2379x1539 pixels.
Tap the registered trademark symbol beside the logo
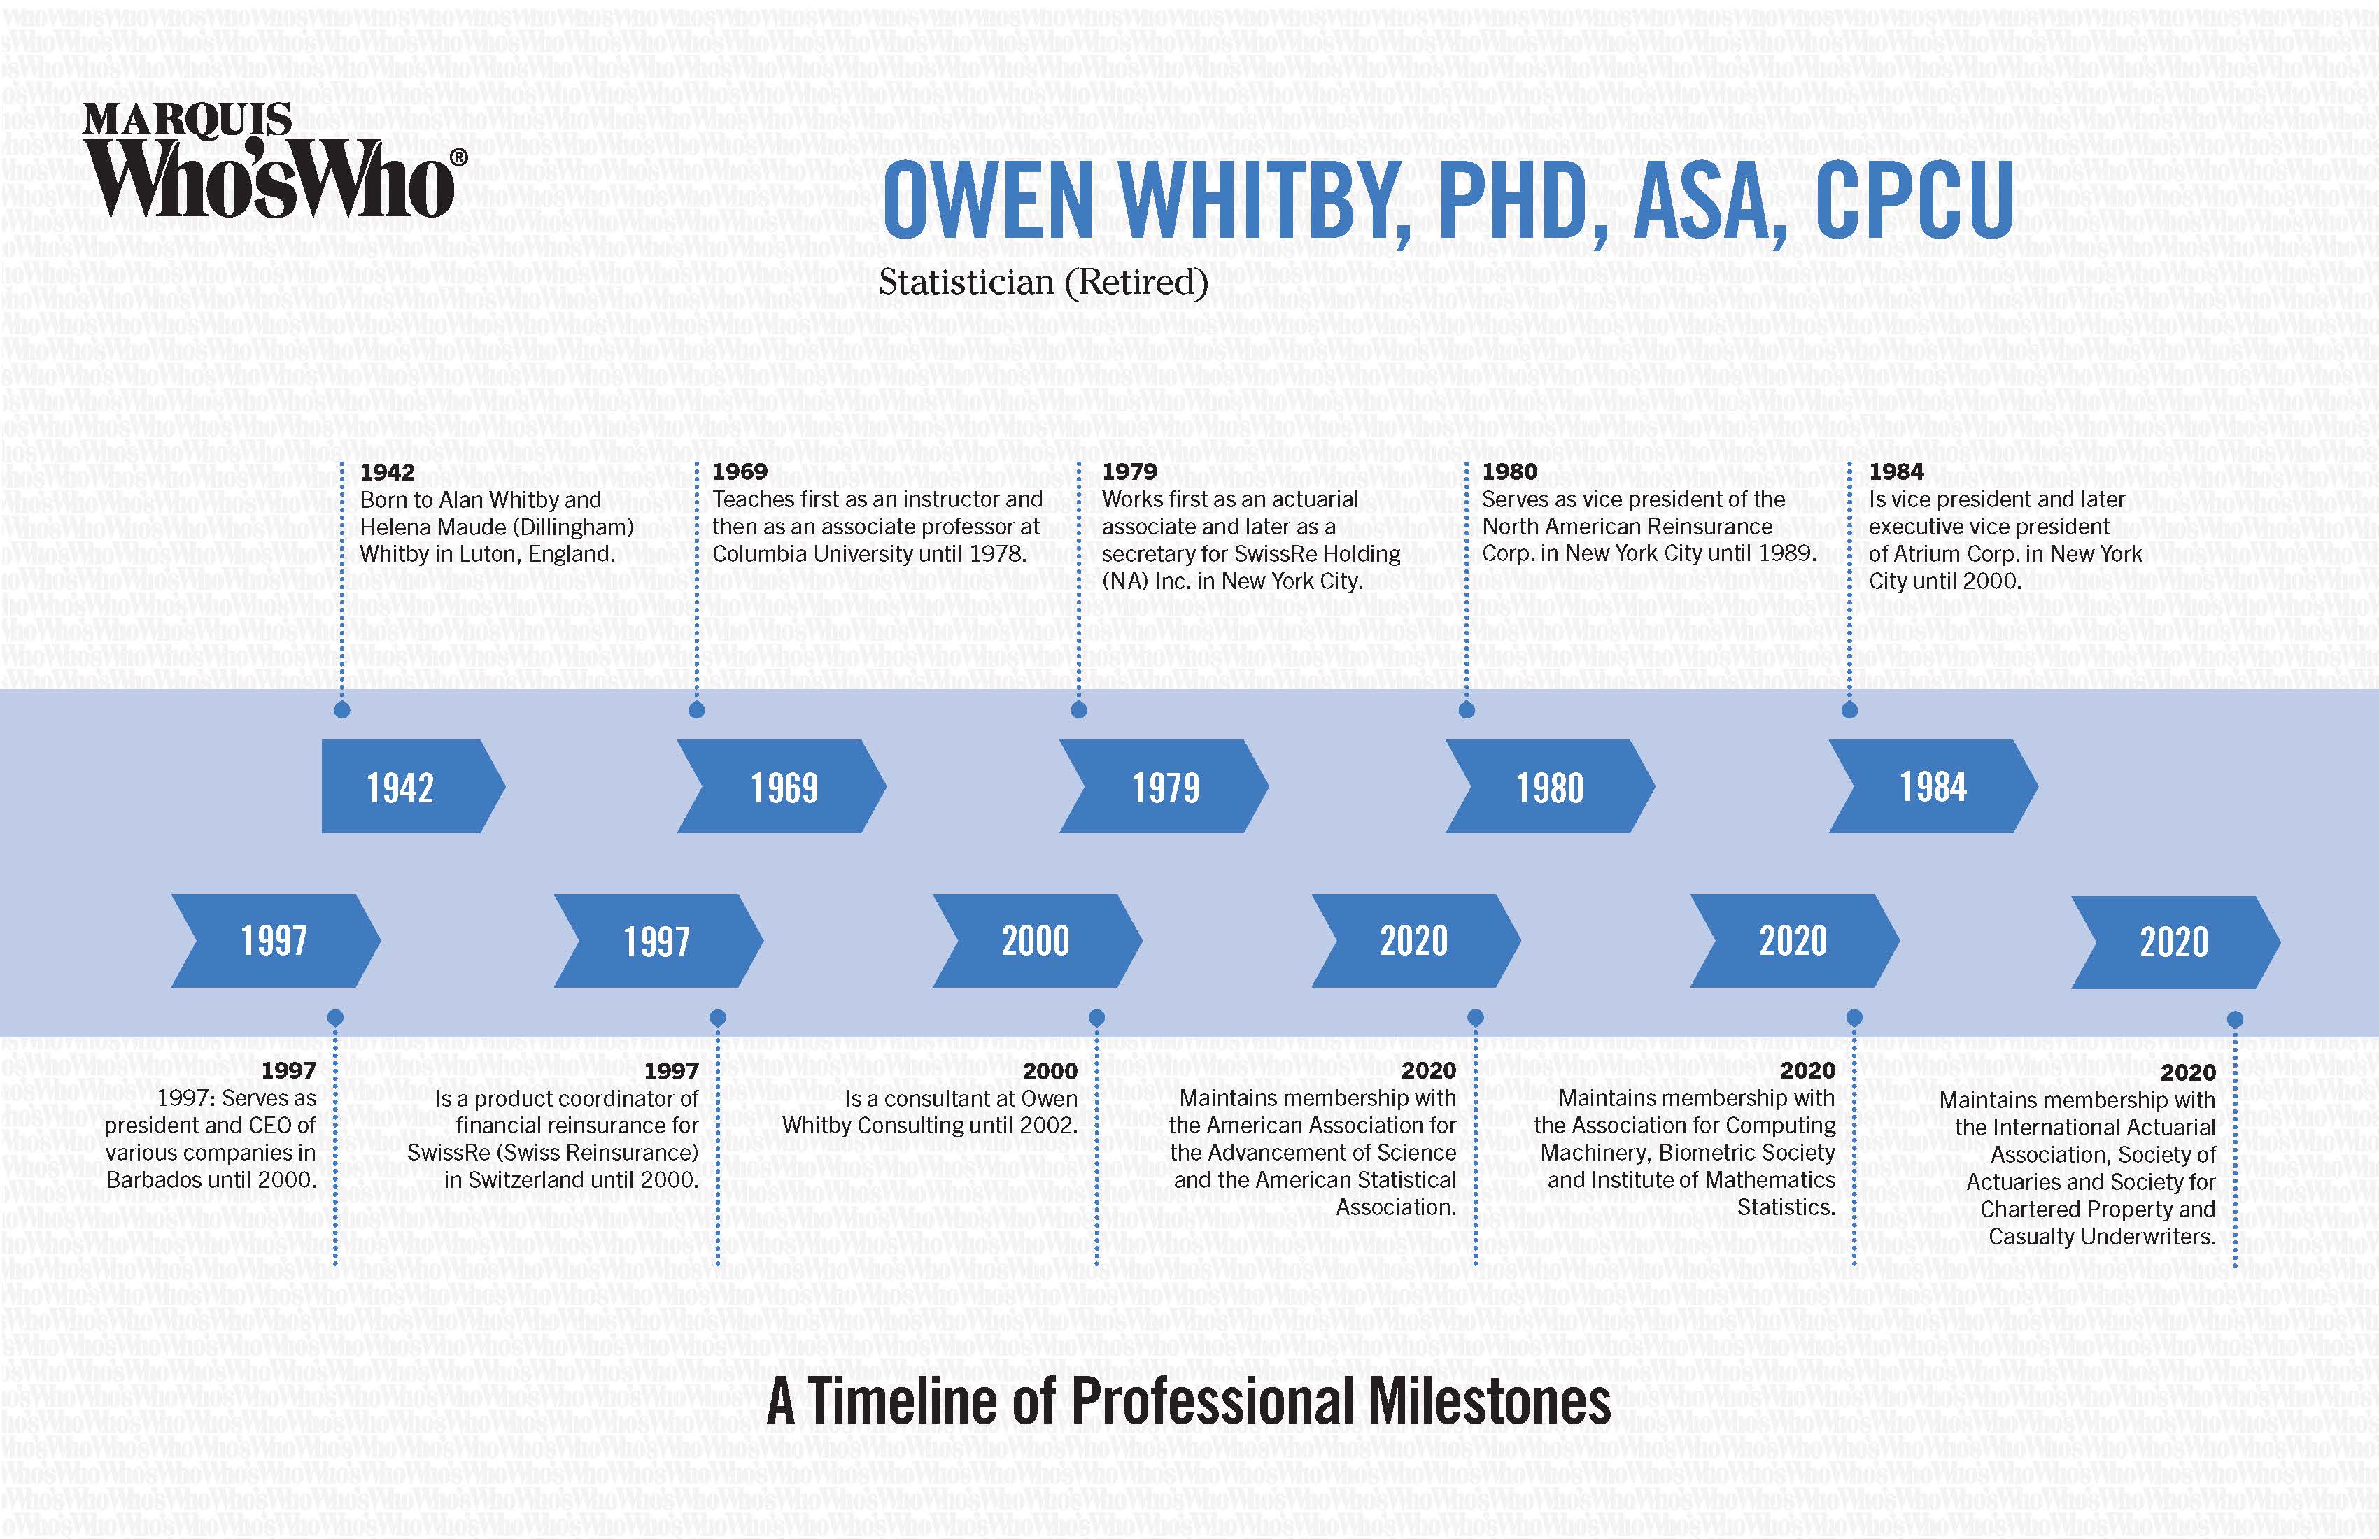pos(459,158)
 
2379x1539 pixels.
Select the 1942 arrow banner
pos(413,786)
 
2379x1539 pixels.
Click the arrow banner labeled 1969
pos(782,786)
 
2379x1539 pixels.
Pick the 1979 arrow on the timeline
pos(1164,786)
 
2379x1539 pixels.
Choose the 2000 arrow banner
pos(1036,940)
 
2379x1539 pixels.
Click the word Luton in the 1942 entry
pos(490,553)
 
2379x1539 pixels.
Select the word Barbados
pos(153,1180)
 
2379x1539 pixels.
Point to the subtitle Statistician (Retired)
pos(1043,283)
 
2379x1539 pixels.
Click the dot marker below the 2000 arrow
pos(1096,1017)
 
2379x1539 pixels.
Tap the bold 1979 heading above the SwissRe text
pos(1129,471)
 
